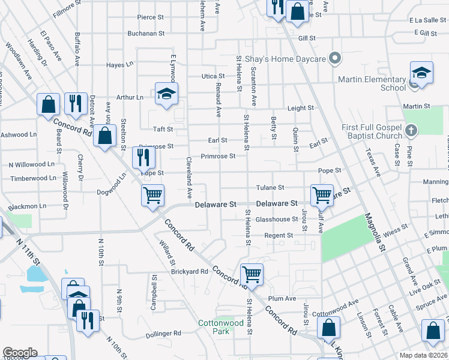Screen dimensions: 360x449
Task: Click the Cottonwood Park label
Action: click(221, 327)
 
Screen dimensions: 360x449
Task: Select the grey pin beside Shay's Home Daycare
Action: click(335, 59)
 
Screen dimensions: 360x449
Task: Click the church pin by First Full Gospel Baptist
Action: click(411, 130)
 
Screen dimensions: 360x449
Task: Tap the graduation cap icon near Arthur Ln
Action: click(166, 94)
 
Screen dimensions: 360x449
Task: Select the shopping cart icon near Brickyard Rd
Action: click(252, 275)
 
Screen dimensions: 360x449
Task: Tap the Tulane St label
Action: click(270, 188)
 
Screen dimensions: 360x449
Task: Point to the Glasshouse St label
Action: click(277, 220)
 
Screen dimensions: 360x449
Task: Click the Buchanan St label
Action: click(146, 34)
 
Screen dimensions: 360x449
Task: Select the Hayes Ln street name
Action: click(119, 65)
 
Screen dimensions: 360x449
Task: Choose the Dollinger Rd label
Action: click(164, 333)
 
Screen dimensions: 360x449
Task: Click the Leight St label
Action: click(301, 108)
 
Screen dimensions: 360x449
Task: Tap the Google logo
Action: click(20, 353)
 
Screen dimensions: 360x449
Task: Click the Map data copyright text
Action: click(424, 355)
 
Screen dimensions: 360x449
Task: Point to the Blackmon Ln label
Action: click(27, 206)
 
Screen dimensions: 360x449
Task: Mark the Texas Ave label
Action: click(373, 163)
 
